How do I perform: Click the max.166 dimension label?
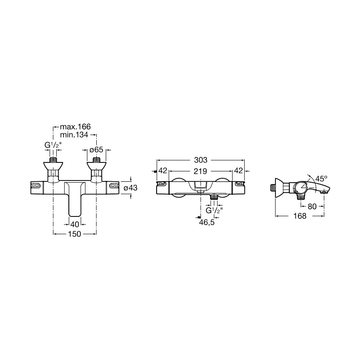(x=75, y=126)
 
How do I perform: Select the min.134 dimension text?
(x=74, y=135)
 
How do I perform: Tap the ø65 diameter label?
(x=96, y=150)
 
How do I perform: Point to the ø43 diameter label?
(x=130, y=188)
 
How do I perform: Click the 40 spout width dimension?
(x=75, y=224)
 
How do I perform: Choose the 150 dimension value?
(x=75, y=234)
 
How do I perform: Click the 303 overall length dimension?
(x=200, y=160)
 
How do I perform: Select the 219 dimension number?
(x=200, y=171)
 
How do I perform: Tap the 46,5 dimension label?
(x=207, y=222)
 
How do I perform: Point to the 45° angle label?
(x=321, y=178)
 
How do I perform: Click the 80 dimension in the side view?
(x=312, y=207)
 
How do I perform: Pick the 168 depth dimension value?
(x=300, y=216)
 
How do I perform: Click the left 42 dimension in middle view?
(x=163, y=171)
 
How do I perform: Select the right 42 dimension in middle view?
(x=238, y=171)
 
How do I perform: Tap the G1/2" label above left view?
(x=53, y=145)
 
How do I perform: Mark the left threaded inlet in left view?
(x=53, y=160)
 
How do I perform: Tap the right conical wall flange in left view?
(x=96, y=166)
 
